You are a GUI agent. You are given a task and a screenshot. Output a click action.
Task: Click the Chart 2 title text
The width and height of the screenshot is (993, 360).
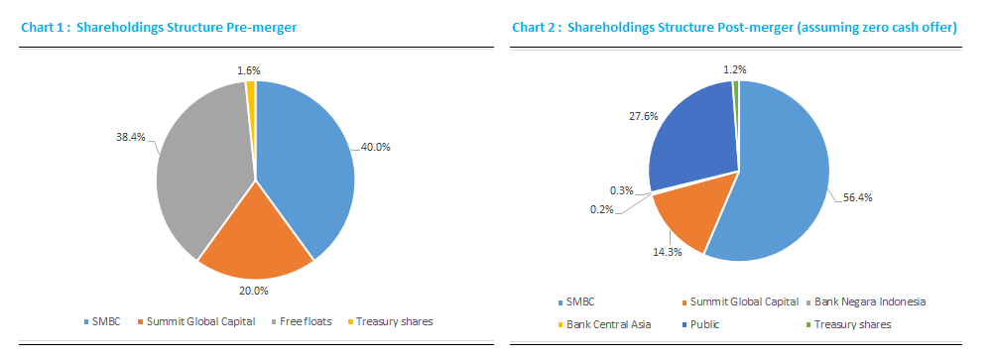734,28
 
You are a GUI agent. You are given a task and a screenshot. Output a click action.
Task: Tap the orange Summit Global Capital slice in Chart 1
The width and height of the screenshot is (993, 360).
256,233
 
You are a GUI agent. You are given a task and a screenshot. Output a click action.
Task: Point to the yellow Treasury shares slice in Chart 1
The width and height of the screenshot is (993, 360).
251,90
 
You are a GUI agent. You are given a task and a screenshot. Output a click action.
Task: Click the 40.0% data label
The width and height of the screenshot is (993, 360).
375,148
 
